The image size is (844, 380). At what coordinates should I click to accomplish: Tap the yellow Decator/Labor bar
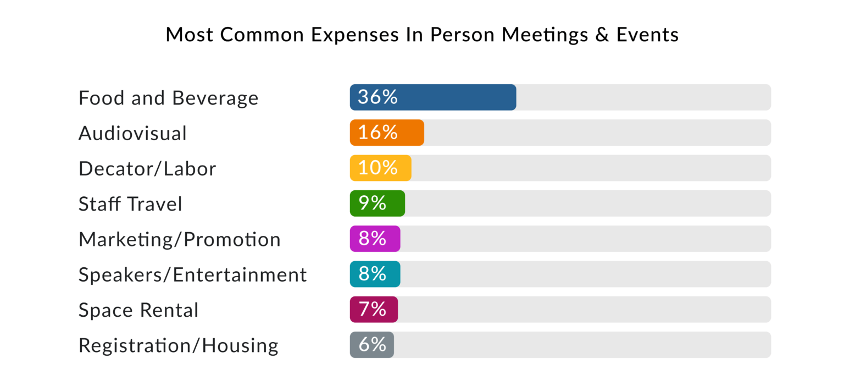pyautogui.click(x=404, y=168)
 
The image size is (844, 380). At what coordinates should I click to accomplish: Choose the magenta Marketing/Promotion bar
pyautogui.click(x=393, y=239)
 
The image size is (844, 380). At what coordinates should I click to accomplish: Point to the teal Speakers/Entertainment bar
pyautogui.click(x=393, y=274)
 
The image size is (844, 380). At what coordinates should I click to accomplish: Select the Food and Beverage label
pyautogui.click(x=168, y=98)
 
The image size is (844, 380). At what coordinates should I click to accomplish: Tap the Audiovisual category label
pyautogui.click(x=132, y=133)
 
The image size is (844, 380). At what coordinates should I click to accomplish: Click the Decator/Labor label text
pyautogui.click(x=147, y=168)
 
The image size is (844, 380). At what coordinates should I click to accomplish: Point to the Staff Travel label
pyautogui.click(x=130, y=204)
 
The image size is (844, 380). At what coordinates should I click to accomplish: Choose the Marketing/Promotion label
pyautogui.click(x=179, y=239)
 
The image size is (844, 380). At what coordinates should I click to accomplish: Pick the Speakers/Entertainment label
pyautogui.click(x=192, y=274)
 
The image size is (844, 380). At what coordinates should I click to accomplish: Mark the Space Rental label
pyautogui.click(x=138, y=310)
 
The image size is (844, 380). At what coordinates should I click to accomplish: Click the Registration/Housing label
pyautogui.click(x=179, y=345)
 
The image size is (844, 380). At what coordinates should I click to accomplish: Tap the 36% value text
pyautogui.click(x=377, y=97)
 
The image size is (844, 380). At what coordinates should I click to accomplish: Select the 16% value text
pyautogui.click(x=377, y=132)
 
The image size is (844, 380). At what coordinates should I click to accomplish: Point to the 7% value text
pyautogui.click(x=372, y=309)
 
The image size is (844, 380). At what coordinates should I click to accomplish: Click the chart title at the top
pyautogui.click(x=422, y=35)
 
